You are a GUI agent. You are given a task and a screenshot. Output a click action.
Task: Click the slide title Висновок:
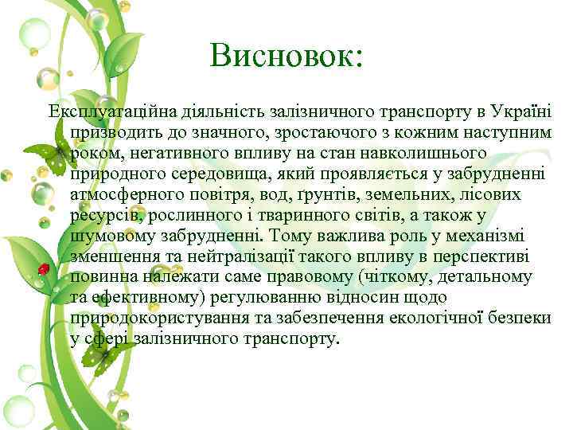(286, 55)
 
